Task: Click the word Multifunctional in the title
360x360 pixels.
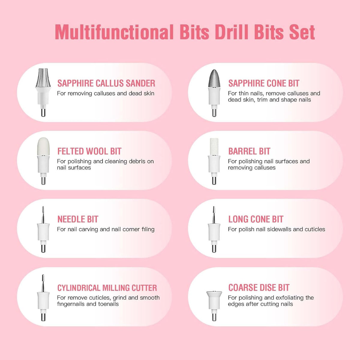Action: click(114, 32)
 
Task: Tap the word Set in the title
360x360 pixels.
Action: click(302, 32)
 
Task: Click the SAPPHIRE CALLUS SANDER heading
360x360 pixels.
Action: click(106, 83)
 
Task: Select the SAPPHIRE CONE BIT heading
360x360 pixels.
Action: click(264, 83)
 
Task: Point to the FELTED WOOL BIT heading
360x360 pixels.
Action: click(89, 151)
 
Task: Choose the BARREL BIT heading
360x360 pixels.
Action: click(249, 151)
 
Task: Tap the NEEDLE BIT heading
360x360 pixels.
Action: click(78, 219)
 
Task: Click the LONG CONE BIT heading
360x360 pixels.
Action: click(256, 219)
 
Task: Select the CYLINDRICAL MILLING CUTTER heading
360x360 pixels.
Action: click(107, 288)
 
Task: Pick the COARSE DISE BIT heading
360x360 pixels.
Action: click(259, 288)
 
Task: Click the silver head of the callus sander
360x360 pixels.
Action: click(43, 78)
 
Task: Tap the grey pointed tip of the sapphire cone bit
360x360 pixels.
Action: click(214, 78)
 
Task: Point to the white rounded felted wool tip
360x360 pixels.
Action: click(43, 146)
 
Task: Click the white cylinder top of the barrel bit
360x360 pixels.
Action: click(214, 147)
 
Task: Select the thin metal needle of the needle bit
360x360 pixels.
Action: click(43, 215)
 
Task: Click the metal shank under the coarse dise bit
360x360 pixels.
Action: click(214, 317)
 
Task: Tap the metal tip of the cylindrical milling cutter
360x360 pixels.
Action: click(43, 283)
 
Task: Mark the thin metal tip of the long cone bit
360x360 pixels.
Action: click(214, 215)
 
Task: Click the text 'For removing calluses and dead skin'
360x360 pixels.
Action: click(106, 93)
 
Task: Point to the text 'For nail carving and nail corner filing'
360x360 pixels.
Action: click(106, 229)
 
